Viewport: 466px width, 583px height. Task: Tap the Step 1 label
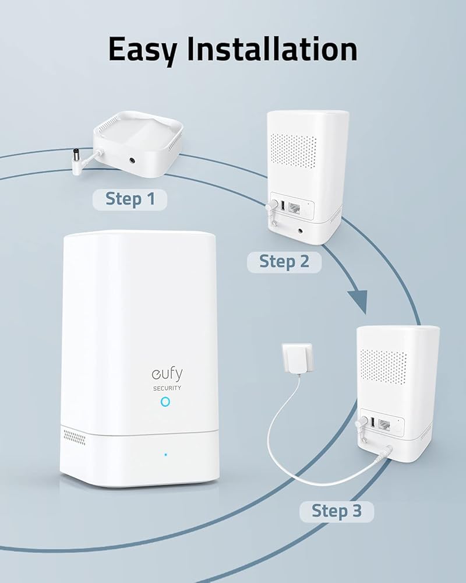130,199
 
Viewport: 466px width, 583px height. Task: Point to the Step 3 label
337,511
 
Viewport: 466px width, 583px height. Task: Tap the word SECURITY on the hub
166,387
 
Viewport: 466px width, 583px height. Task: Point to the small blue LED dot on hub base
165,454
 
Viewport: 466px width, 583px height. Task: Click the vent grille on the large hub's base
74,436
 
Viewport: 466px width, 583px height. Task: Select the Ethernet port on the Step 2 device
295,208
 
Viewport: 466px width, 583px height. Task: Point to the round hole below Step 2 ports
301,230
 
